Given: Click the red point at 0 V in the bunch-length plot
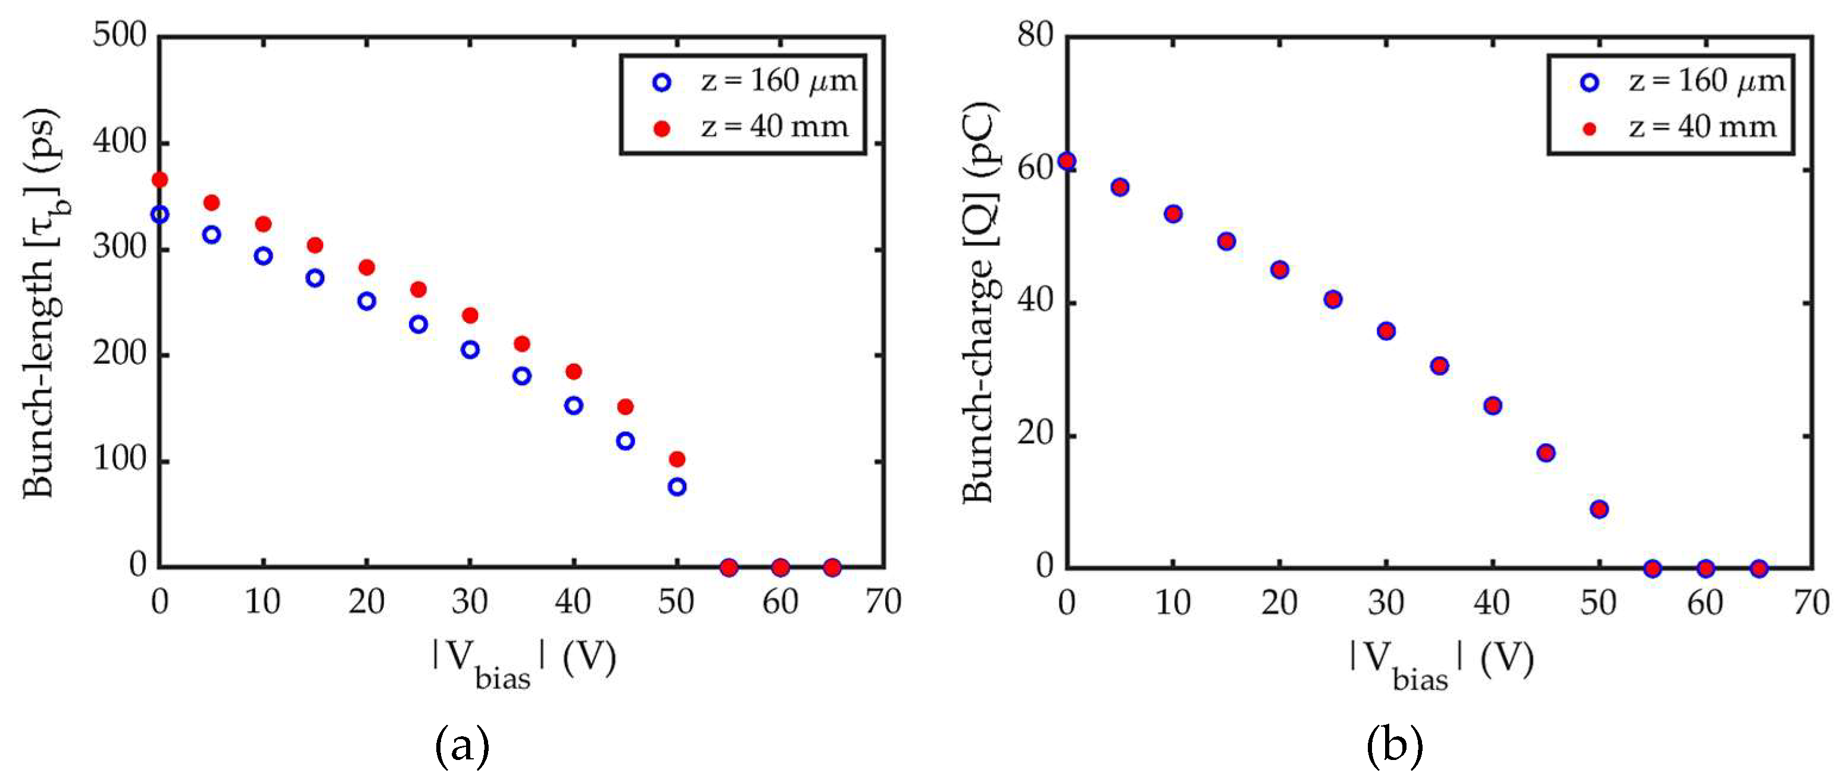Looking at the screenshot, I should coord(160,179).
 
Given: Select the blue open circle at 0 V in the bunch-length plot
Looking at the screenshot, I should coord(160,214).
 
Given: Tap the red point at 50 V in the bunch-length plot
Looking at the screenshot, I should coord(677,459).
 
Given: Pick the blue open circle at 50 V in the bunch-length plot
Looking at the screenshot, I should coord(677,487).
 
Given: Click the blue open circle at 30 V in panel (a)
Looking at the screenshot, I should coord(470,350).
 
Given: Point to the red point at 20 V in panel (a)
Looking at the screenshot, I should coord(367,267).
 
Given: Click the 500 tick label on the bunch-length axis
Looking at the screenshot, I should coord(119,35).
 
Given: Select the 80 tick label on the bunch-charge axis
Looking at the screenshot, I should coord(1035,35).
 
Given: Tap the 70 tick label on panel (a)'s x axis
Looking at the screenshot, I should coord(883,601).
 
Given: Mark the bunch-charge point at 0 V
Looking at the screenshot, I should coord(1067,161).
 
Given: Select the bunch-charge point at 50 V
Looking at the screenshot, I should coord(1599,509).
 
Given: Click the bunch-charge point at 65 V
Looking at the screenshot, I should coord(1759,568).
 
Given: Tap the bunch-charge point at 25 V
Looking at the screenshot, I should coord(1333,299).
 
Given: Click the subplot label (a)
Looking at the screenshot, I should coord(462,746).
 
